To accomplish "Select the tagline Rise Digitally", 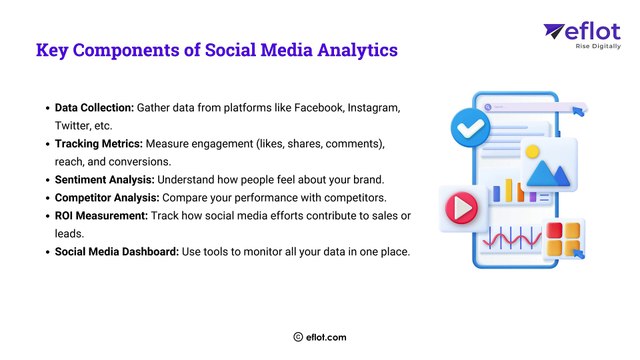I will coord(598,46).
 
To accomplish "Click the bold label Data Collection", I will coord(90,107).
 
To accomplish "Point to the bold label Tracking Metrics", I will coord(97,144).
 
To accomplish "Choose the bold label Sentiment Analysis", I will coord(99,180).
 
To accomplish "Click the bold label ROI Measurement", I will coord(98,217).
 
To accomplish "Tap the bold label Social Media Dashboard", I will coord(116,253).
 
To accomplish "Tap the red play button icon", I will coord(460,207).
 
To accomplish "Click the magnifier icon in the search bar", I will coord(489,105).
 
